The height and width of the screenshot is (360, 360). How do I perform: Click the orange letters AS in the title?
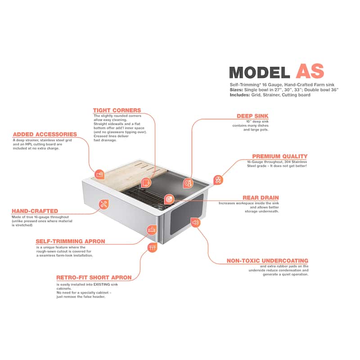[x=310, y=71]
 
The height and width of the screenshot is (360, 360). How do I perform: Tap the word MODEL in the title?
[x=260, y=72]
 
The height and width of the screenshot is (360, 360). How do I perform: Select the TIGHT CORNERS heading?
[x=117, y=110]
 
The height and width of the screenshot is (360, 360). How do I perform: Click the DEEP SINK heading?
[x=252, y=116]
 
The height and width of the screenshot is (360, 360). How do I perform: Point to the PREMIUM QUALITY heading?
[x=279, y=156]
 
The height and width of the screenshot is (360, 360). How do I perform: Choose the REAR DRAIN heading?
[x=261, y=198]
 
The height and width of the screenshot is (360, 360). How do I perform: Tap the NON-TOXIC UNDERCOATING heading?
[x=267, y=261]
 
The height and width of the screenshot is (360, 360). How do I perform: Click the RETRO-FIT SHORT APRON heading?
[x=94, y=278]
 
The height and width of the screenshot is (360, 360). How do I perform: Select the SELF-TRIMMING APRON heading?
[x=70, y=241]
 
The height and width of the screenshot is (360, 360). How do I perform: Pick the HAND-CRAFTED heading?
[x=35, y=211]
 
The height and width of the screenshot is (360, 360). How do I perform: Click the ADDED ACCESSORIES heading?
[x=45, y=134]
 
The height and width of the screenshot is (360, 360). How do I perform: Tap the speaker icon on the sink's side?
[x=195, y=222]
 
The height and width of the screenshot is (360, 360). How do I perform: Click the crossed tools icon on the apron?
[x=104, y=204]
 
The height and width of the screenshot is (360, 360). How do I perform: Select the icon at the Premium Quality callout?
[x=218, y=180]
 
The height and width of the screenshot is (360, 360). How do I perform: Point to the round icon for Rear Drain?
[x=169, y=199]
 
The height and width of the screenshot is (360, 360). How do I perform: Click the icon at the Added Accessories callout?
[x=99, y=175]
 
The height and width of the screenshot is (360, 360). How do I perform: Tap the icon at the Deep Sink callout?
[x=188, y=183]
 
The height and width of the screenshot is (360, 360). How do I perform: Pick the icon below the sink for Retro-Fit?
[x=153, y=247]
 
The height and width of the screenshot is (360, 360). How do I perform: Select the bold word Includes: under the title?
[x=240, y=95]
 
